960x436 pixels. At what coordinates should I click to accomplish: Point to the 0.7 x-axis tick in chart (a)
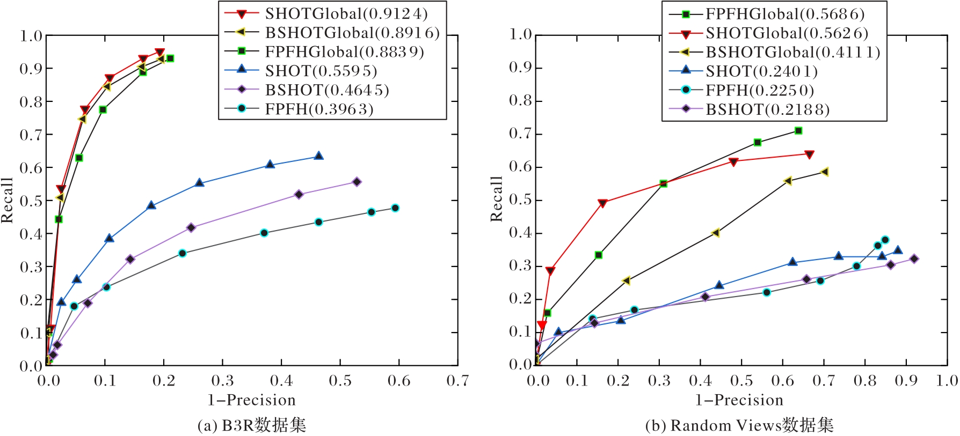coord(457,381)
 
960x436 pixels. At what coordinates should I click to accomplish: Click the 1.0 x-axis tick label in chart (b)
coord(947,381)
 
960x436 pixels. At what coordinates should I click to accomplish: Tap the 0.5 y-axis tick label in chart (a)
coord(31,201)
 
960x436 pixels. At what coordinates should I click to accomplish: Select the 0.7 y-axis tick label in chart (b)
coord(520,134)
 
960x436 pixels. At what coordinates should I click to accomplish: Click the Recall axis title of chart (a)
coord(7,200)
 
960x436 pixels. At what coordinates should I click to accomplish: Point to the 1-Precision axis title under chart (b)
coord(739,400)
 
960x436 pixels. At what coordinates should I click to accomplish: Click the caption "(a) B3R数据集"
coord(252,426)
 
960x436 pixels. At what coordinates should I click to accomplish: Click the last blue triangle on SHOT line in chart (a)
coord(318,156)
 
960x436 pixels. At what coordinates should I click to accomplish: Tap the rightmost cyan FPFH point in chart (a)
coord(395,208)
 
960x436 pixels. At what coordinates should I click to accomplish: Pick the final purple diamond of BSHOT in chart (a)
coord(357,182)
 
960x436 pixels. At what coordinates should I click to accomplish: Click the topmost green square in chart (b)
coord(798,131)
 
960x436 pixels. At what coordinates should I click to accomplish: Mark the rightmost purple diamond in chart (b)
coord(914,259)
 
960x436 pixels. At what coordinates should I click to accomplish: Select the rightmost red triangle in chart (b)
coord(810,154)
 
